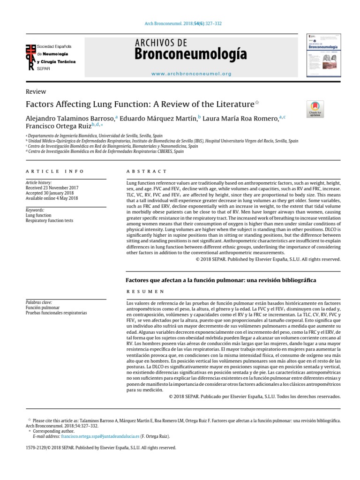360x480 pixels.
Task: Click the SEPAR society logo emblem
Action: [x=31, y=57]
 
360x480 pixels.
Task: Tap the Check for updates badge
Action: [x=315, y=109]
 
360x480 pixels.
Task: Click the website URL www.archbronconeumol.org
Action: [x=191, y=74]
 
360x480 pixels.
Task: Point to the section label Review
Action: [x=36, y=92]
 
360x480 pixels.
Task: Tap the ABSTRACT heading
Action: [x=146, y=172]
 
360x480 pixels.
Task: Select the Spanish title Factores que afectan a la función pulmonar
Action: [x=221, y=280]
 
